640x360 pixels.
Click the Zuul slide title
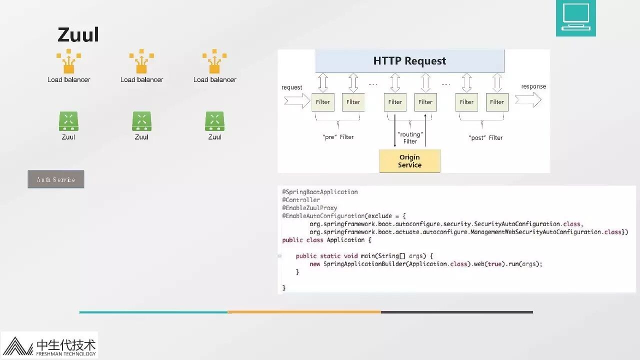coord(78,35)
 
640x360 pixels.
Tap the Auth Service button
coord(56,179)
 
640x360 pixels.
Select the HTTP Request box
coord(409,61)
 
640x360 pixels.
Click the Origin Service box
coord(409,161)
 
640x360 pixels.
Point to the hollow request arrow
coord(297,101)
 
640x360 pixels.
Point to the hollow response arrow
coord(528,100)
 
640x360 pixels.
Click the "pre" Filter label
coord(338,137)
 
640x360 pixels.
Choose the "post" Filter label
coord(485,137)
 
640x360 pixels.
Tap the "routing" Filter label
coord(410,137)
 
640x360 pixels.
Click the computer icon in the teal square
coord(576,17)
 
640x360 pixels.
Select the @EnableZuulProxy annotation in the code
coord(309,208)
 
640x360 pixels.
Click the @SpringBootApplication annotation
coord(320,192)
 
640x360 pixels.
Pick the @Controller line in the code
coord(301,200)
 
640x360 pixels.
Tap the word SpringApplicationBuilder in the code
coord(364,264)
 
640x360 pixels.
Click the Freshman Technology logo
coord(49,345)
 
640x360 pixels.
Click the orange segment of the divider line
coord(304,312)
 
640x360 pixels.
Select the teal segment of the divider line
coord(153,312)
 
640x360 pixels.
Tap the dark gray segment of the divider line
coord(456,312)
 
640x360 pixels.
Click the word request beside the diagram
coord(291,87)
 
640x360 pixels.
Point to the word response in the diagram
coord(533,86)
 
